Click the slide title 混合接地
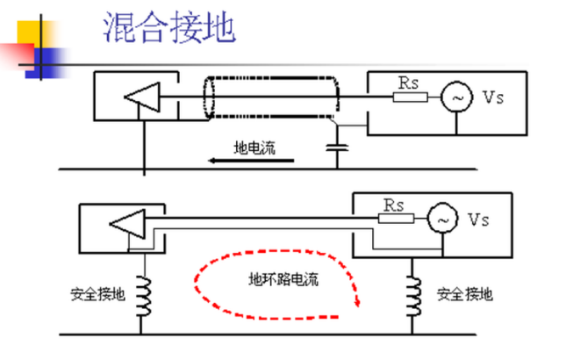point(169,27)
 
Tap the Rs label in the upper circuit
point(408,83)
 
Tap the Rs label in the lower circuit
point(393,205)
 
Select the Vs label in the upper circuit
point(492,97)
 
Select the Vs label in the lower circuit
point(478,220)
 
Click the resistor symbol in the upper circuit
point(411,97)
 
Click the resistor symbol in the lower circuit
point(396,218)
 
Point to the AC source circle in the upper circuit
point(456,97)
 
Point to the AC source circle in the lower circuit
point(443,218)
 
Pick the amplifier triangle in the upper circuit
point(142,97)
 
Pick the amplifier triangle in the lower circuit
point(128,224)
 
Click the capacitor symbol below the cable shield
point(337,148)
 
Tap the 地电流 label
point(254,148)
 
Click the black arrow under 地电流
point(251,161)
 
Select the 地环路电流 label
point(283,279)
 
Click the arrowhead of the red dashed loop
point(357,302)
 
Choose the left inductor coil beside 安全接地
point(143,296)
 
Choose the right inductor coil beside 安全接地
point(413,296)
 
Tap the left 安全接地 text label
point(97,294)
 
